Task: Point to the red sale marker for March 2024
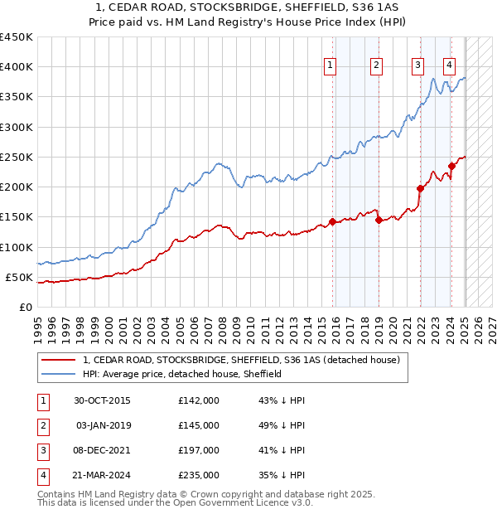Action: coord(451,166)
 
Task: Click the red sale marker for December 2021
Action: coord(421,188)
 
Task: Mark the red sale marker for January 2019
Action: coord(378,220)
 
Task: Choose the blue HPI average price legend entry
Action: coord(182,374)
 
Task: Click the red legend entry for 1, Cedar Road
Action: coord(241,360)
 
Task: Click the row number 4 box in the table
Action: coord(41,475)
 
